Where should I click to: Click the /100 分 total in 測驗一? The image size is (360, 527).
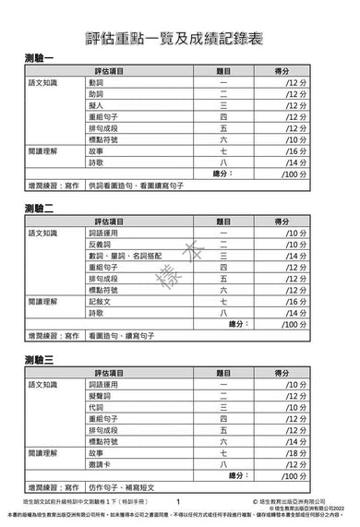[295, 173]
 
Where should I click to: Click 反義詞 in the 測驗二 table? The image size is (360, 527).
[100, 244]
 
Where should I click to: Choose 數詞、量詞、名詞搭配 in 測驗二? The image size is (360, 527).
[125, 255]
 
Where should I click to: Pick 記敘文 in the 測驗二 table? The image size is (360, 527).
[100, 301]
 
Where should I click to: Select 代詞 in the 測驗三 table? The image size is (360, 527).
[97, 406]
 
